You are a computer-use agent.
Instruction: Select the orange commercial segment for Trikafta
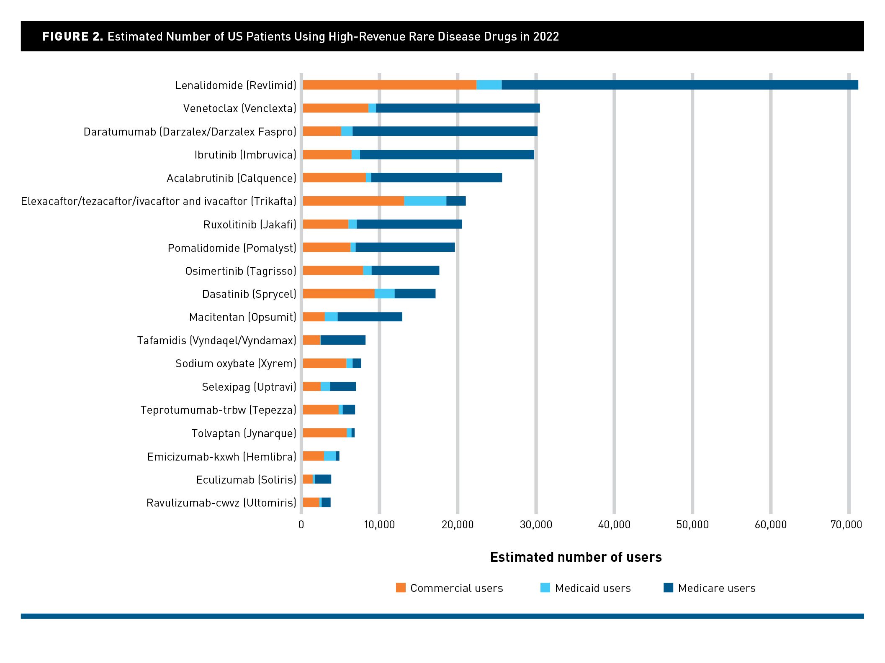coord(353,201)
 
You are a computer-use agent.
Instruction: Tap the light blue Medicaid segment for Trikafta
coord(425,201)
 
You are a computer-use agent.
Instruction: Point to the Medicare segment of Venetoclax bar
coord(458,108)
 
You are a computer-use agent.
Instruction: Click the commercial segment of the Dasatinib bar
coord(338,294)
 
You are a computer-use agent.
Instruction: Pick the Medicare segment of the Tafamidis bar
coord(343,340)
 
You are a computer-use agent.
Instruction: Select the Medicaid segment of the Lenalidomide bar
coord(489,85)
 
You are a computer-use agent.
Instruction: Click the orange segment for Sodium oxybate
coord(324,363)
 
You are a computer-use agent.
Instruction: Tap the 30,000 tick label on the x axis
coord(536,525)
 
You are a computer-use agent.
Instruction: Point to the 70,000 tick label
coord(846,525)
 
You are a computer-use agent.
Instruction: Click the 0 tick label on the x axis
coord(301,525)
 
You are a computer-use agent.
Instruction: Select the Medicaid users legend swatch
coord(545,588)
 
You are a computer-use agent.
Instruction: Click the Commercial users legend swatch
coord(401,588)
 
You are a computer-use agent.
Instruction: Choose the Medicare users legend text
coord(717,588)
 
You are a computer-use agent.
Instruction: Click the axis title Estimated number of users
coord(576,557)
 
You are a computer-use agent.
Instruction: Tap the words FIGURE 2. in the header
coord(72,36)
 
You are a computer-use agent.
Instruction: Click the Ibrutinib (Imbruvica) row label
coord(245,155)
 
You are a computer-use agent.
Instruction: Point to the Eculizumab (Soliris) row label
coord(246,479)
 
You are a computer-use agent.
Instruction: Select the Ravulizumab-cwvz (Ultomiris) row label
coord(221,502)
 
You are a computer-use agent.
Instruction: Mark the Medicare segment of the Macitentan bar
coord(370,317)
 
